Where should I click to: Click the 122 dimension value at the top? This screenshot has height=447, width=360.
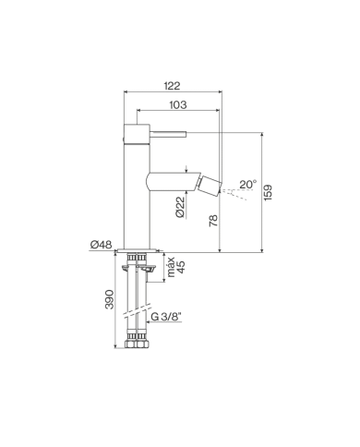[x=174, y=84]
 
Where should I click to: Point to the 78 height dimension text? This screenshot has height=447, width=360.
[x=212, y=222]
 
